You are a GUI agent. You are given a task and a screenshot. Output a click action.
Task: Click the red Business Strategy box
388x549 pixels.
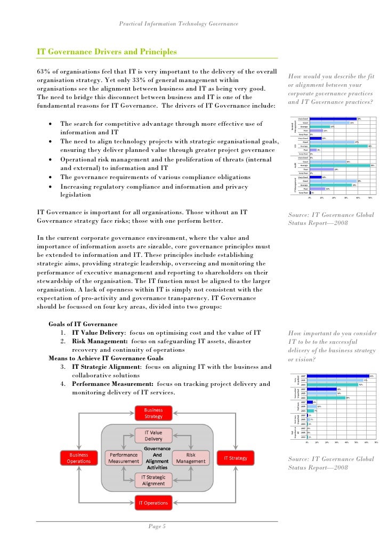click(x=153, y=413)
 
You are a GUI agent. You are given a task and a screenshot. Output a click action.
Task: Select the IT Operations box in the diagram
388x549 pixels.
click(x=153, y=502)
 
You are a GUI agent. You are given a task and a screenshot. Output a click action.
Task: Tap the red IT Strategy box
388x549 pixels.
click(x=235, y=458)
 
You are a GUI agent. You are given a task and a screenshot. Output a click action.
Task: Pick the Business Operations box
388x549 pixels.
click(x=79, y=458)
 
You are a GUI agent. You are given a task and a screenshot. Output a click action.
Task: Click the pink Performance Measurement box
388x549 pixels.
click(x=124, y=458)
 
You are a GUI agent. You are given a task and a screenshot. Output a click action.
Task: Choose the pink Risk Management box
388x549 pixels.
click(x=191, y=458)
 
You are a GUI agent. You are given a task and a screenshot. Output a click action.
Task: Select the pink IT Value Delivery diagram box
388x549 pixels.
click(x=153, y=435)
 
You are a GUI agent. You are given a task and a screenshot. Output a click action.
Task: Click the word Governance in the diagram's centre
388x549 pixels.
click(x=157, y=449)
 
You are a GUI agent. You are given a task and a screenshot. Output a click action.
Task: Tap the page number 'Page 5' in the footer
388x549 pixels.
click(x=157, y=527)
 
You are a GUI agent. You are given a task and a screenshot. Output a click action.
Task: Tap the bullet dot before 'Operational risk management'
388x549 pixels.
click(x=50, y=160)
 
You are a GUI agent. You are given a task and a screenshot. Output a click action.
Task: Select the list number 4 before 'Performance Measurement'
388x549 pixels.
click(x=63, y=384)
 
